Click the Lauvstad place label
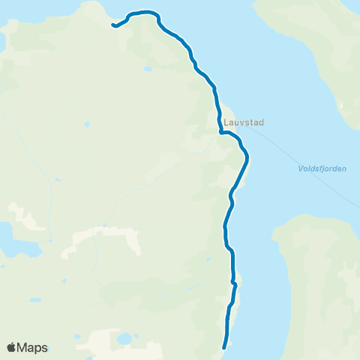click(x=244, y=121)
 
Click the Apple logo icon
click(x=11, y=347)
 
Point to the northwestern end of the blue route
click(x=113, y=26)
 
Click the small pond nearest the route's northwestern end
click(x=147, y=69)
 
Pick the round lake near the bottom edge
click(x=124, y=338)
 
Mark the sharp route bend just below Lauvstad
click(x=221, y=133)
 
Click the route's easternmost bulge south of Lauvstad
click(x=247, y=157)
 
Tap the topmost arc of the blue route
click(x=142, y=12)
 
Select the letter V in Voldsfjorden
click(x=290, y=169)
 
